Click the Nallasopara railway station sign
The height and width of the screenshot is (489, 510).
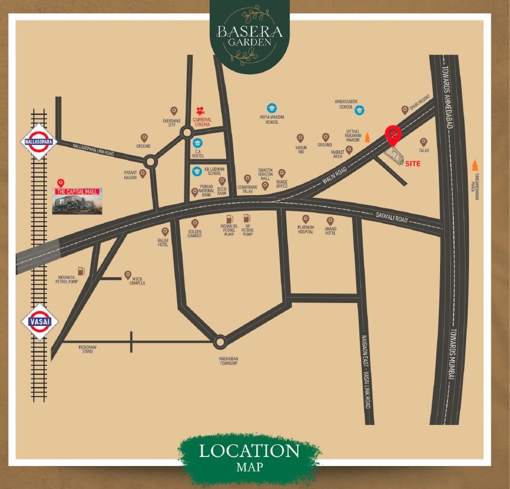click(x=39, y=142)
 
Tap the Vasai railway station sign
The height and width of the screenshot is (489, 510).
click(x=39, y=321)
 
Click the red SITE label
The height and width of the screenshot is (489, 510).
click(x=413, y=164)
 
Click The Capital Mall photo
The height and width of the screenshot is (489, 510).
click(x=77, y=201)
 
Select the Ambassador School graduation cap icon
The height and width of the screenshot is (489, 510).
click(x=359, y=110)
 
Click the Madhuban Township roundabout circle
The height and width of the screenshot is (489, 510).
click(x=220, y=342)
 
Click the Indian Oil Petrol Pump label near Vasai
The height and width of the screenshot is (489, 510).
click(x=67, y=279)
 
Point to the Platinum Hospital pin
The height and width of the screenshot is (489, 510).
click(x=305, y=219)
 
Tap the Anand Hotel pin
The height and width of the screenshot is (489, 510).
click(x=330, y=221)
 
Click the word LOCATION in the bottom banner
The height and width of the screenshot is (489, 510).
click(x=249, y=450)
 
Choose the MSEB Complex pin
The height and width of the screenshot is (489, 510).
click(x=128, y=275)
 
